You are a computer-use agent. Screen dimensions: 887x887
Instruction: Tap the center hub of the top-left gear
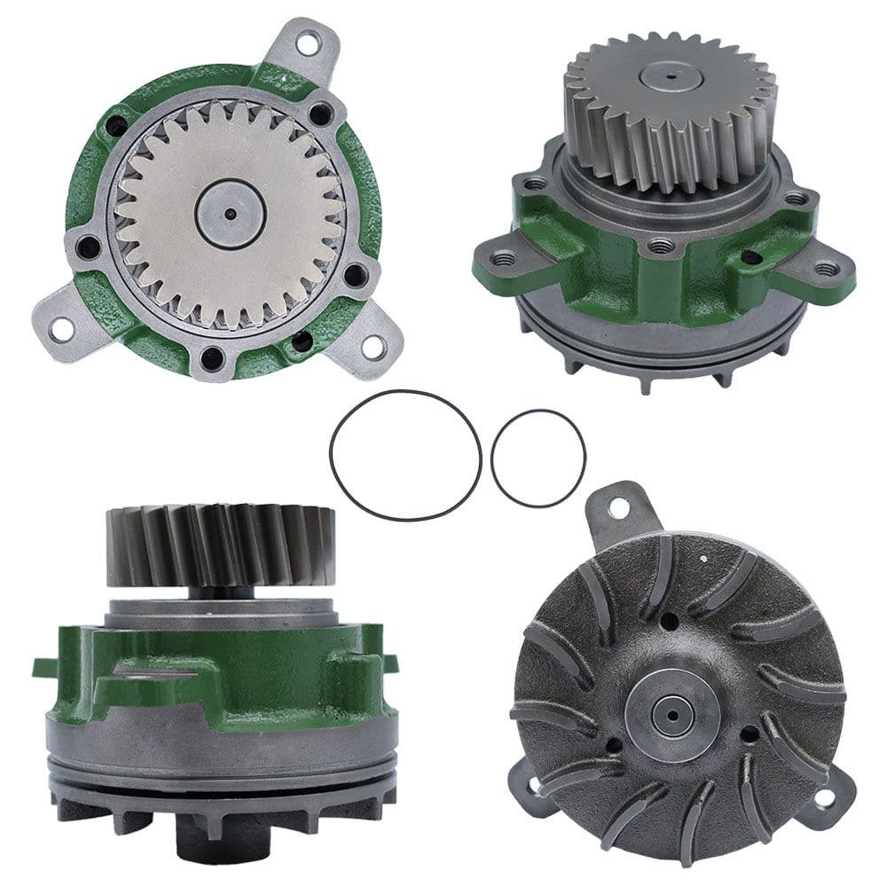(x=231, y=214)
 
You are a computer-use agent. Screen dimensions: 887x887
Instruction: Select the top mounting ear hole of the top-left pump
(x=308, y=41)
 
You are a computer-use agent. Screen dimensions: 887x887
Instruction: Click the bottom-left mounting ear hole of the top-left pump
(x=60, y=329)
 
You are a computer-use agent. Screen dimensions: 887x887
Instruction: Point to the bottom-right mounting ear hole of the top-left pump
(x=373, y=347)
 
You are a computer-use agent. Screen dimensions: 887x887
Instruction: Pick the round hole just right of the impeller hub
(x=749, y=734)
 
